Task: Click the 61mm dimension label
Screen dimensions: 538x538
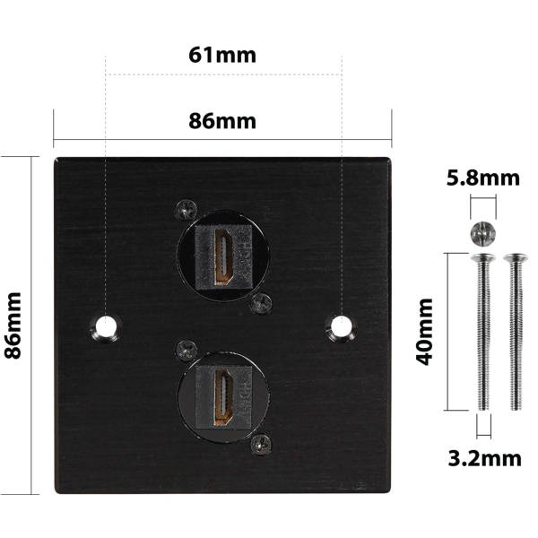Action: (222, 55)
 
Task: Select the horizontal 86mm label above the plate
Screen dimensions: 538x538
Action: (222, 121)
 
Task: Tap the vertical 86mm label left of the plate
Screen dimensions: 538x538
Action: (13, 325)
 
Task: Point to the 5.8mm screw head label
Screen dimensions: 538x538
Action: (483, 178)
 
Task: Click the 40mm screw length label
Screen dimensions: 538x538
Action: (424, 332)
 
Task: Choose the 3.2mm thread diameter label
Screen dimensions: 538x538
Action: (484, 458)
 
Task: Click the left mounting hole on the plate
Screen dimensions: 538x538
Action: (106, 326)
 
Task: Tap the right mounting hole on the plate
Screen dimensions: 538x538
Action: (341, 326)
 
